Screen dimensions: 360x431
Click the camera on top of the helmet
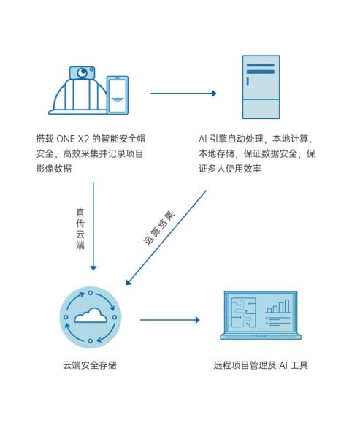(83, 73)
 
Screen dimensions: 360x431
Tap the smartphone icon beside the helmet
(118, 95)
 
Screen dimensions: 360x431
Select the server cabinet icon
(261, 87)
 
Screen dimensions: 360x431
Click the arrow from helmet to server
(183, 94)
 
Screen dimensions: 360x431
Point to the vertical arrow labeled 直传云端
(93, 226)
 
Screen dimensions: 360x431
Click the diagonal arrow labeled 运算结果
(166, 237)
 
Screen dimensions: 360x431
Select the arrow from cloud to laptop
(170, 320)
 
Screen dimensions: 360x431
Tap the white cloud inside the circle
(91, 316)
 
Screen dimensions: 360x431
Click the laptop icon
(261, 316)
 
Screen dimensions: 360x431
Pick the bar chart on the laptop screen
(278, 306)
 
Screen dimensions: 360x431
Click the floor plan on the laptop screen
(243, 312)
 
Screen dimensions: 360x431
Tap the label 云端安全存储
(90, 365)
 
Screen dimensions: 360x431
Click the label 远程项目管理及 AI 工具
(261, 365)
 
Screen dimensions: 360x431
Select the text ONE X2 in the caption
(73, 139)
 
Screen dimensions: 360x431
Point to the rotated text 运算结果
(159, 228)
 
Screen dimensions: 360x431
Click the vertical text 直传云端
(80, 229)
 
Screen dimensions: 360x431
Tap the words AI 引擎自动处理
(231, 139)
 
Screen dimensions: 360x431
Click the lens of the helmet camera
(83, 73)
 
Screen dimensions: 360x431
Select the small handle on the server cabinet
(248, 81)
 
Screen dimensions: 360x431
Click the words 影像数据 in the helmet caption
(54, 169)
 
